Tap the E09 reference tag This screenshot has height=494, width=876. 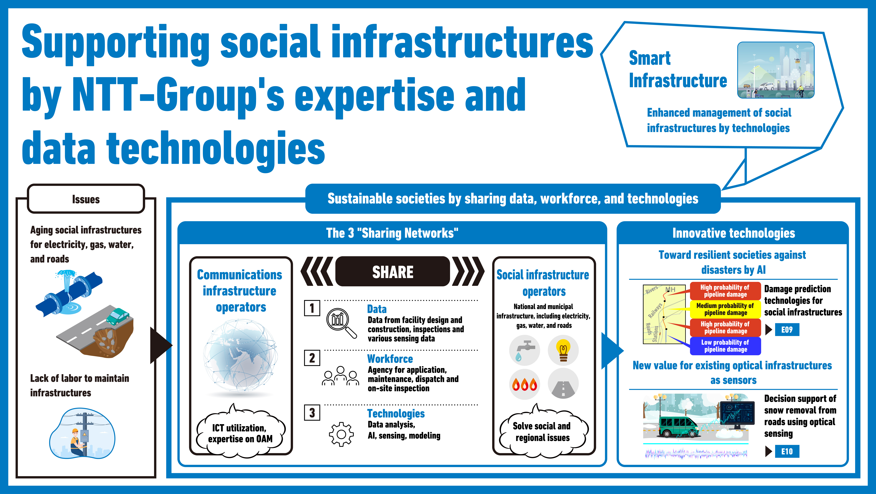pyautogui.click(x=787, y=330)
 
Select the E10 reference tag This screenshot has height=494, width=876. pyautogui.click(x=787, y=451)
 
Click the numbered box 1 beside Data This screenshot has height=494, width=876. pyautogui.click(x=312, y=308)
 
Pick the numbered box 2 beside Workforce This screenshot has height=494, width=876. pyautogui.click(x=312, y=358)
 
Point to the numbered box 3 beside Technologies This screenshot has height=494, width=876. pyautogui.click(x=312, y=413)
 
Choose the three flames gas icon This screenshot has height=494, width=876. pyautogui.click(x=525, y=384)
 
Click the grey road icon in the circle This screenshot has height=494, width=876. pyautogui.click(x=563, y=384)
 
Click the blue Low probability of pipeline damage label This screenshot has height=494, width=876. pyautogui.click(x=725, y=346)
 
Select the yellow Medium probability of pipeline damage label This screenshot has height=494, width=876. pyautogui.click(x=725, y=309)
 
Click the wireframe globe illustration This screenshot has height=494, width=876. pyautogui.click(x=240, y=356)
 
